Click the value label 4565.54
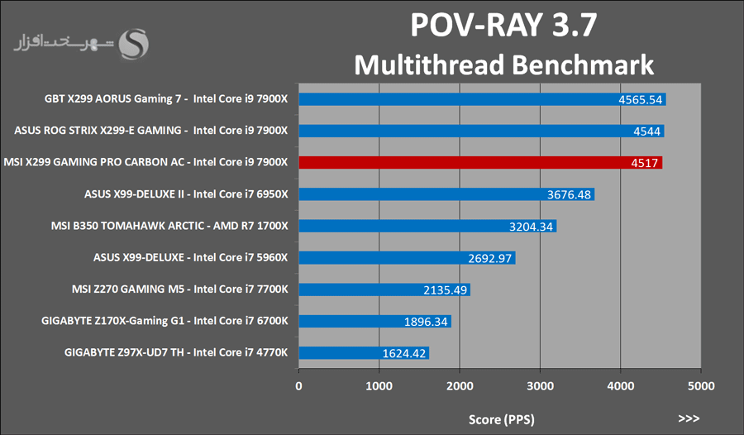(641, 99)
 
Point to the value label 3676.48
(570, 195)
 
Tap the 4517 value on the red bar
(644, 164)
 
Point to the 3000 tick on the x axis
(539, 385)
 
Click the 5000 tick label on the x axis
(700, 385)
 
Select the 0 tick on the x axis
(298, 385)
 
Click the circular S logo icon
(135, 45)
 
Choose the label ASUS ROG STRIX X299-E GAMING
(151, 131)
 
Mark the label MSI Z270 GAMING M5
(179, 289)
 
